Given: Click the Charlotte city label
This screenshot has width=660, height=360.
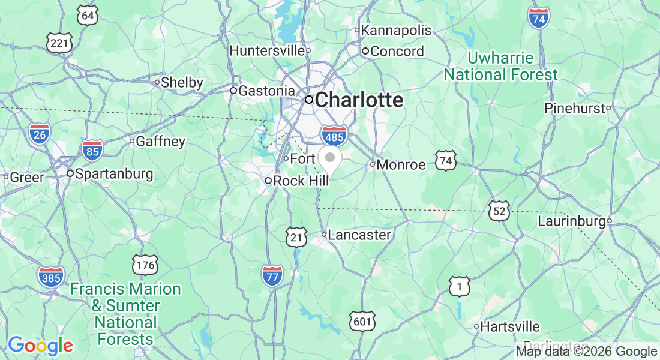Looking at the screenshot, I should tap(358, 100).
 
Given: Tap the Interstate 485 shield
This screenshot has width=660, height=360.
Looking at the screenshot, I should tap(334, 136).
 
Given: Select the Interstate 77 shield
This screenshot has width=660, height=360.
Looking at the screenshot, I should tap(272, 276).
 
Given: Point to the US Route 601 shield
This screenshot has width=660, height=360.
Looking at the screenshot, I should tap(362, 322).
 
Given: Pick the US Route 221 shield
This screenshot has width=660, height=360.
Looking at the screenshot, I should tap(59, 43).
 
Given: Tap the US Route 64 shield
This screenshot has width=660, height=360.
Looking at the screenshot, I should tap(88, 16).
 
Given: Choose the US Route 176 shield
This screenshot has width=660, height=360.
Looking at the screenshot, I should tap(145, 265).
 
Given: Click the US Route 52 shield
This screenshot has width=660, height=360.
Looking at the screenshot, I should tap(499, 211).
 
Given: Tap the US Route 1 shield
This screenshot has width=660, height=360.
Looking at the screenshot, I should tap(459, 287).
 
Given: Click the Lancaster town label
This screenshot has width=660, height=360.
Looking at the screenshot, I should tap(359, 235).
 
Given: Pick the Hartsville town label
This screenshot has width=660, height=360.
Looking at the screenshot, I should tap(510, 327).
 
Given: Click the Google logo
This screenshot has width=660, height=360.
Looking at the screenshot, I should tap(40, 346).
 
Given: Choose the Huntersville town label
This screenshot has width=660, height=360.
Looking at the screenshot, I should tap(267, 51).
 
